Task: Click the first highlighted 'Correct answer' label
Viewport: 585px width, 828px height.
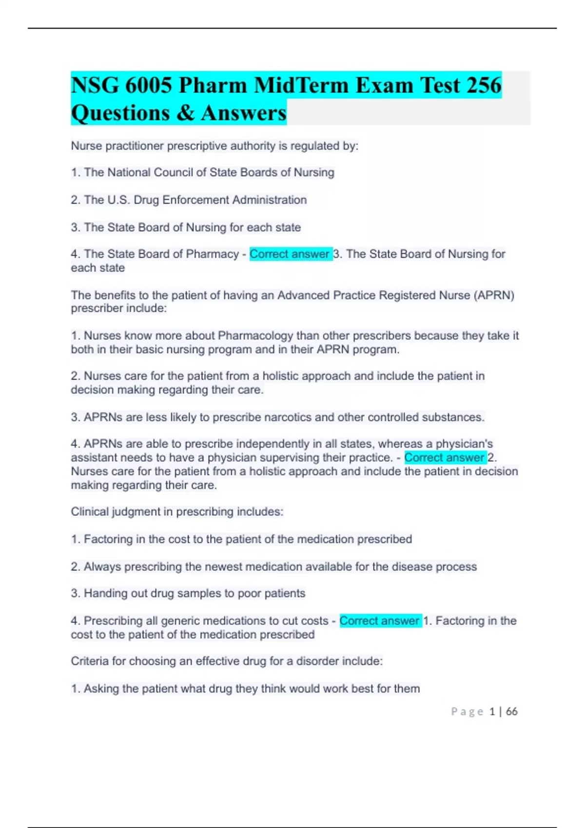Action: point(290,254)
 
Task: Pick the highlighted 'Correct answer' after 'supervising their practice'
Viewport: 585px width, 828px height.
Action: point(444,457)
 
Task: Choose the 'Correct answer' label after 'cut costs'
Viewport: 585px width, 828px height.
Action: point(379,621)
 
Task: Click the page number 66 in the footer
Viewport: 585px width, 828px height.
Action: point(511,712)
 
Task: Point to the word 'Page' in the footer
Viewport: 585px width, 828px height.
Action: point(467,712)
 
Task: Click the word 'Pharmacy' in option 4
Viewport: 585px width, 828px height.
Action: point(213,254)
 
